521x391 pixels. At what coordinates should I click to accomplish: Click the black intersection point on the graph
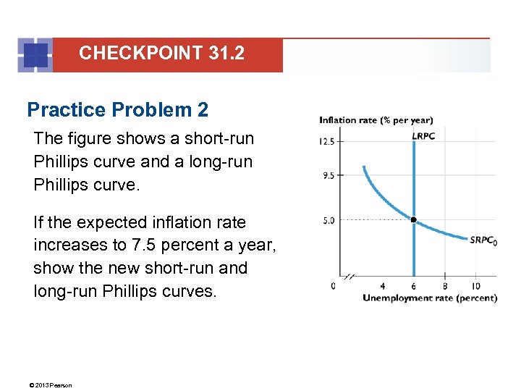coord(413,219)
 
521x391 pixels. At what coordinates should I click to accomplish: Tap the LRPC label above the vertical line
coord(423,135)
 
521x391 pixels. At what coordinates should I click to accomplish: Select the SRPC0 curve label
coord(483,240)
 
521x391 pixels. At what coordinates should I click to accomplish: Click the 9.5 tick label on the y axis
coord(328,175)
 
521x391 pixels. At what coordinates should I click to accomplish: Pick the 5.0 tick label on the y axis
coord(329,220)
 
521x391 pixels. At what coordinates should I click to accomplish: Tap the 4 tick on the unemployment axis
coord(382,286)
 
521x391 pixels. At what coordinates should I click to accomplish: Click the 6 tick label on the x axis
coord(413,286)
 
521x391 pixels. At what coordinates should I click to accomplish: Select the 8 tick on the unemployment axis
coord(444,286)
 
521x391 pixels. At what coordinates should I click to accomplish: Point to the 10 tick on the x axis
coord(475,286)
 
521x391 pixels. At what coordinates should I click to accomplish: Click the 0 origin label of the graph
coord(333,286)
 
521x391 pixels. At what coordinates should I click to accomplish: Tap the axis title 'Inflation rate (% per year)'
coord(376,120)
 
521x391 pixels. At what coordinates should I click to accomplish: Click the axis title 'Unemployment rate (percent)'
coord(430,298)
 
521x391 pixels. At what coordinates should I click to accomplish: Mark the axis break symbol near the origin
coord(351,276)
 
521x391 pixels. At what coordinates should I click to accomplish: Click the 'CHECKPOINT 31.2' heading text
coord(161,53)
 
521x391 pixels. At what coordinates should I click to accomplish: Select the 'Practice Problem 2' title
coord(117,110)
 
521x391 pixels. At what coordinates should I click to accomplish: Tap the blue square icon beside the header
coord(35,55)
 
